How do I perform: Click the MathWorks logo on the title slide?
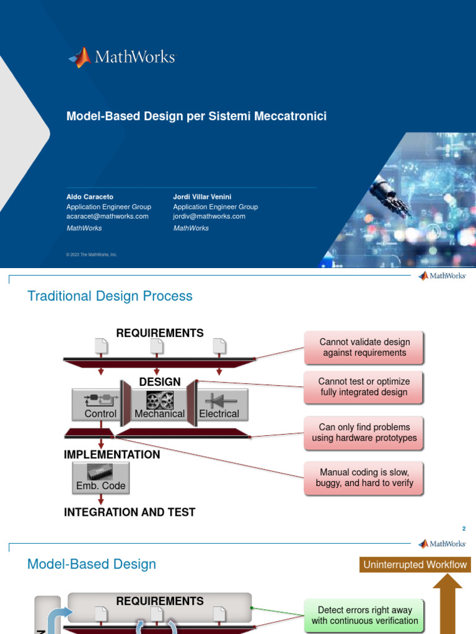click(122, 58)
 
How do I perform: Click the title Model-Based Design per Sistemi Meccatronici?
click(196, 116)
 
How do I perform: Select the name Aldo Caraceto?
click(90, 197)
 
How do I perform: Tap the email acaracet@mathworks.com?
click(107, 217)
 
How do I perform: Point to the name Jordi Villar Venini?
click(203, 197)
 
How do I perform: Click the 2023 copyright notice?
click(92, 254)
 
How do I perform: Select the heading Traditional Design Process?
click(110, 296)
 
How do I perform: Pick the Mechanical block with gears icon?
click(160, 405)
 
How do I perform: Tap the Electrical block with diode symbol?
click(219, 405)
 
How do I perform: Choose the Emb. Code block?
click(100, 478)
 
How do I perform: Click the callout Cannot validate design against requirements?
click(364, 347)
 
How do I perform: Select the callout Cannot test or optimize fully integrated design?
click(364, 387)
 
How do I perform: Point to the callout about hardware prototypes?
click(364, 433)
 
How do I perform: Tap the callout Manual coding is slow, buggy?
click(364, 478)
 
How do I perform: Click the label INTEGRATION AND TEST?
click(130, 512)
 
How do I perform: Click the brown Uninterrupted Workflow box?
click(415, 565)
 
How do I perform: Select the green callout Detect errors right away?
click(364, 615)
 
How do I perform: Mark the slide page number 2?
click(463, 529)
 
